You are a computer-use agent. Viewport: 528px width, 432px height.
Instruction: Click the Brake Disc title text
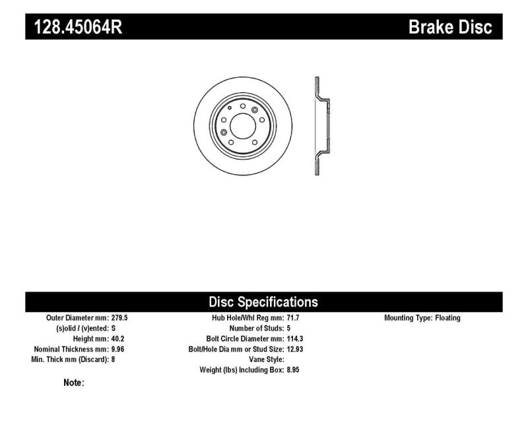(x=450, y=27)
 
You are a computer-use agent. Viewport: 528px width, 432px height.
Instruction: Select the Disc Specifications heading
(x=263, y=302)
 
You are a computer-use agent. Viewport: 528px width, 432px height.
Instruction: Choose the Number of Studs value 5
(x=288, y=328)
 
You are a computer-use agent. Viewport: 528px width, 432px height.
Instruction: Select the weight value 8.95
(x=294, y=371)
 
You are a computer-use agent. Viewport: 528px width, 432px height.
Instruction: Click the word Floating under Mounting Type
(x=447, y=318)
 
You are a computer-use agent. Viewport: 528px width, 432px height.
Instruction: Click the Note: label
(x=74, y=383)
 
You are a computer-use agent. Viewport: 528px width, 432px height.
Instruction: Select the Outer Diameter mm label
(x=78, y=318)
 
